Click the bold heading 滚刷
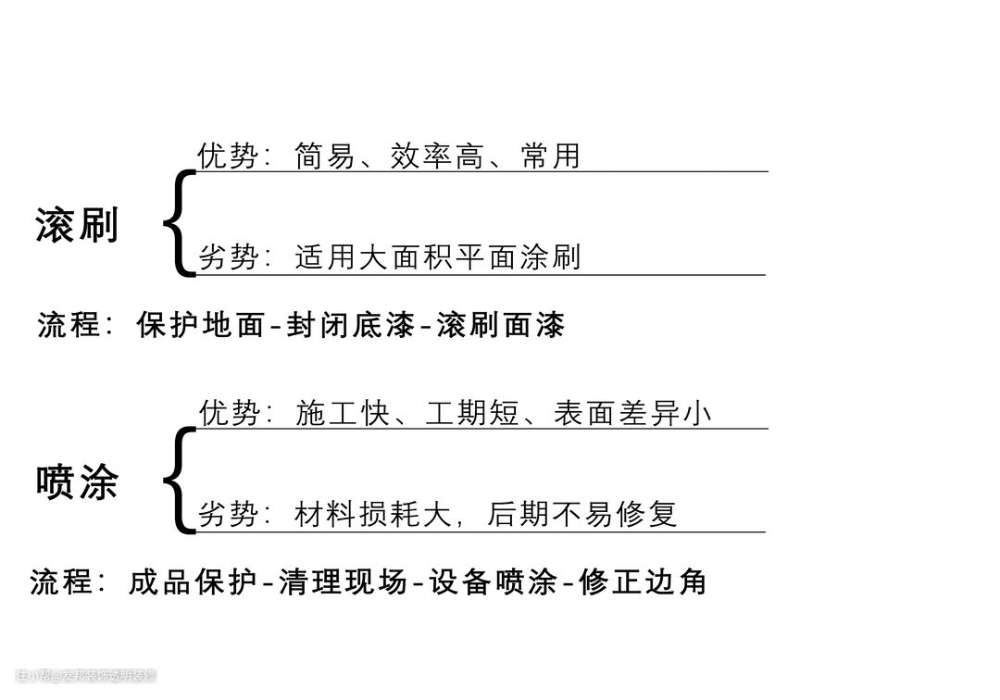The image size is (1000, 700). pos(77,225)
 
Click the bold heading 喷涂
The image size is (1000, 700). pos(77,482)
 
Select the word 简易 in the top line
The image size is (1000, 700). pos(325,156)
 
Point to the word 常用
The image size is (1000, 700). pos(550,156)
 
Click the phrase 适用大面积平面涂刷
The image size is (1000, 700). pos(437,257)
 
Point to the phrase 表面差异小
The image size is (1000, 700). pos(632,413)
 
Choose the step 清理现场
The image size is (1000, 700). pos(342,581)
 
